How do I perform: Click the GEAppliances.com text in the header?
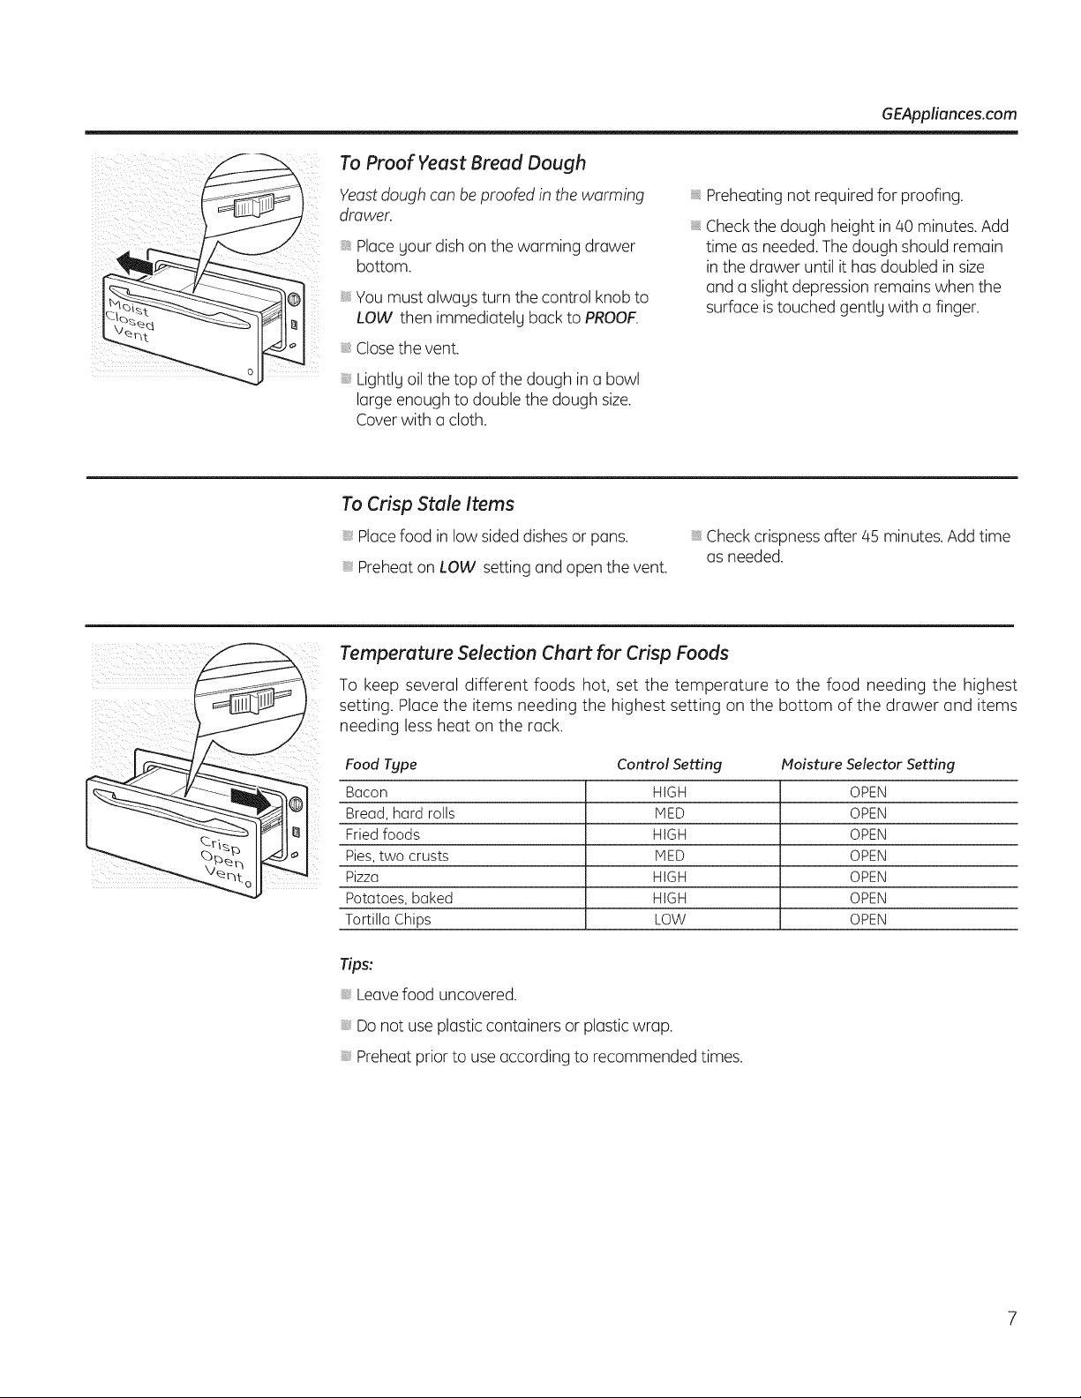(x=950, y=115)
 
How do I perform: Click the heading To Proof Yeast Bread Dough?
(x=462, y=163)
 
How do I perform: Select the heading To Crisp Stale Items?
(x=427, y=504)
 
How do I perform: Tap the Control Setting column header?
(x=669, y=765)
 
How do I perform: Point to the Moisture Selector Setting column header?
(x=867, y=765)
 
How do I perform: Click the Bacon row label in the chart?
(x=366, y=792)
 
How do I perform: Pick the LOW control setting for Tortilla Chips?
(x=670, y=919)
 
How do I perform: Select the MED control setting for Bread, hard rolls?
(x=669, y=813)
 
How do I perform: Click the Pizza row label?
(x=362, y=877)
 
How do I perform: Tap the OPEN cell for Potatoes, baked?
(x=868, y=898)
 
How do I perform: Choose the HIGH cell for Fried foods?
(x=670, y=834)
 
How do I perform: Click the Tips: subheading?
(x=357, y=964)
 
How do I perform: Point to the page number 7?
(x=1011, y=1319)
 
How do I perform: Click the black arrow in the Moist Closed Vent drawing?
(x=135, y=264)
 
